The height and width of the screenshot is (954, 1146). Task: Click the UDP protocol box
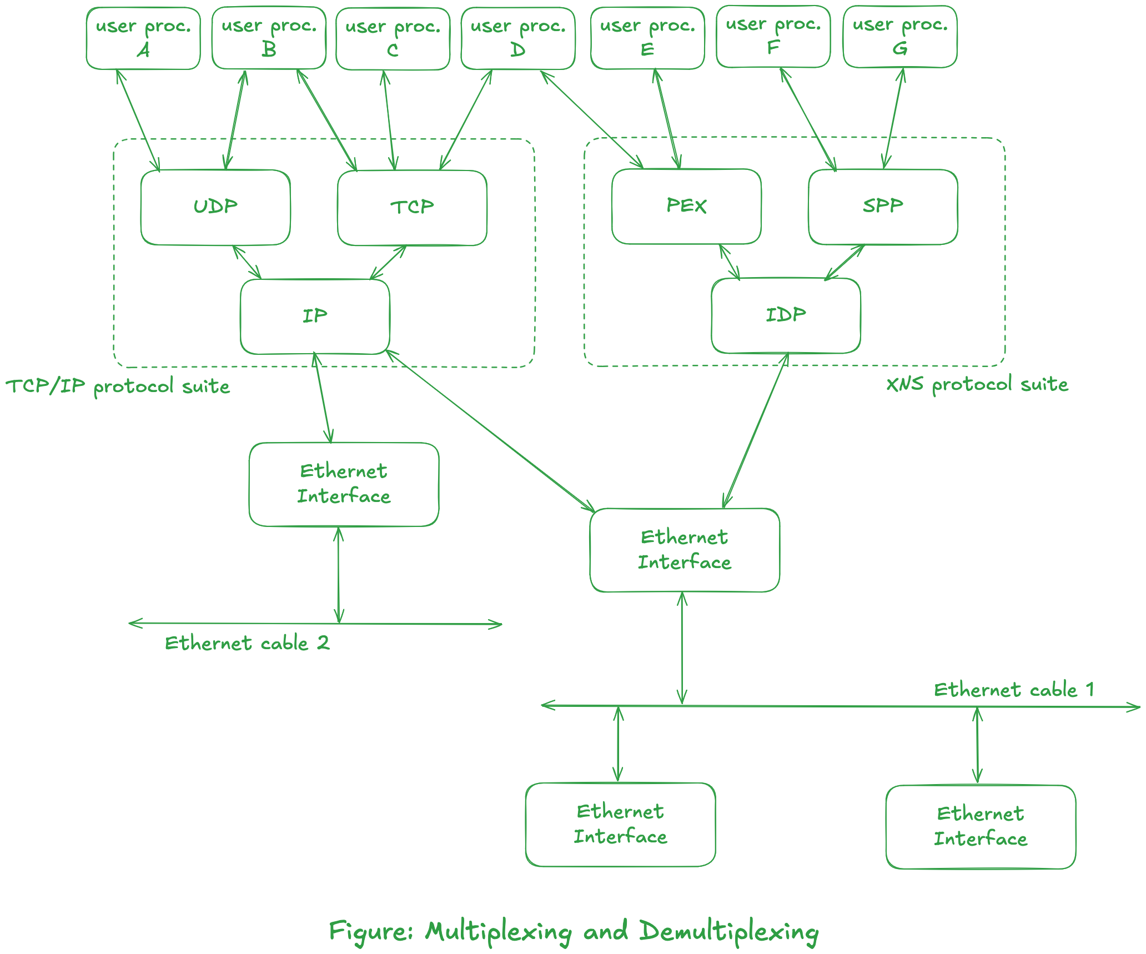tap(215, 207)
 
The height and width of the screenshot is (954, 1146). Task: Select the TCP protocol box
tap(412, 208)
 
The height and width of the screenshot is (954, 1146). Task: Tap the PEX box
tap(686, 206)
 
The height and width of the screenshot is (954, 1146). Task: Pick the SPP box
tap(883, 206)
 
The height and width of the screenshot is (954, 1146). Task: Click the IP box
tap(315, 316)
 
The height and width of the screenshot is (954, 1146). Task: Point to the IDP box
tap(786, 315)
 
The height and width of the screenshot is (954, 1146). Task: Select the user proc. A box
tap(143, 38)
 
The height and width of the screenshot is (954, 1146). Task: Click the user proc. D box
tap(517, 38)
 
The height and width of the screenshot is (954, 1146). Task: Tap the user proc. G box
tap(900, 37)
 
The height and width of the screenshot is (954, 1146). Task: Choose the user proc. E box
tap(647, 38)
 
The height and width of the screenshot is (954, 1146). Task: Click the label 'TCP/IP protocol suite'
tap(118, 386)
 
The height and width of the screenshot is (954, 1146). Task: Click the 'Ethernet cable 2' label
tap(247, 644)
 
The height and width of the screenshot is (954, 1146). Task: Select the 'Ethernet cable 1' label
tap(1014, 690)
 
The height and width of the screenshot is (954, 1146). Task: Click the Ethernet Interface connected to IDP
tap(685, 550)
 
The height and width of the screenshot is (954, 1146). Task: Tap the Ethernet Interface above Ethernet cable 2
tap(344, 484)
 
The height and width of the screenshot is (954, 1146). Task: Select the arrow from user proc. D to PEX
tap(592, 119)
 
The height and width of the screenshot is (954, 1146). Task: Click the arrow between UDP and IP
tap(247, 262)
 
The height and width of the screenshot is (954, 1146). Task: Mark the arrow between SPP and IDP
tap(845, 262)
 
